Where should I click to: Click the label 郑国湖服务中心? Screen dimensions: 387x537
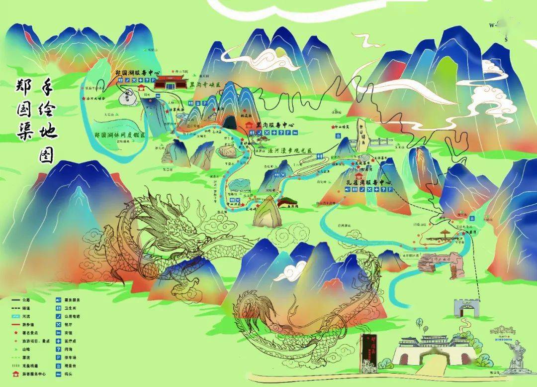point(137,72)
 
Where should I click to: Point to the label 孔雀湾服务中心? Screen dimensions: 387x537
point(368,183)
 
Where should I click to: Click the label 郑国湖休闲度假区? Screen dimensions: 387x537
point(120,134)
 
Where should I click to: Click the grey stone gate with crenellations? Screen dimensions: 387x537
point(466,308)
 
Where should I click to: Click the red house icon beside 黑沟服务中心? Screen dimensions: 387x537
point(249,124)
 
